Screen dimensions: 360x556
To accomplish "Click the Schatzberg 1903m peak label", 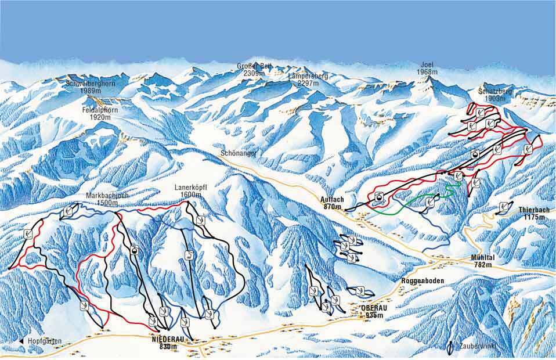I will point(493,95).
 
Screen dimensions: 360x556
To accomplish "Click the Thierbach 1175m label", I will point(533,213).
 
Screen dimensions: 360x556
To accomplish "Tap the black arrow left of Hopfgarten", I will point(21,341).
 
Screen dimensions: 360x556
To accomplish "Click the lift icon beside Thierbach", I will point(503,206).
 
